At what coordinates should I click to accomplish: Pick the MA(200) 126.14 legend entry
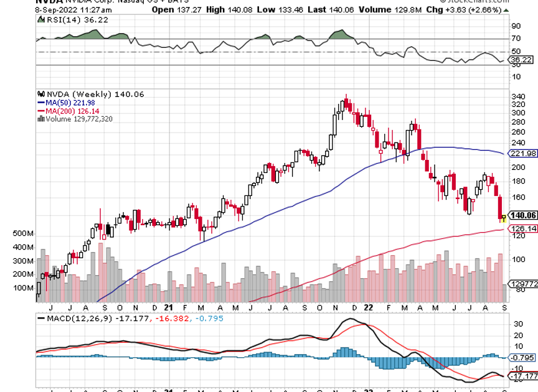pyautogui.click(x=68, y=111)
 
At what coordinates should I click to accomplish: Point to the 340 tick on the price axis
pyautogui.click(x=517, y=96)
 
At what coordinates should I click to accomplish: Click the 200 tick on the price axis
pyautogui.click(x=517, y=167)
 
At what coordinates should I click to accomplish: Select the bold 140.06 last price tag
pyautogui.click(x=522, y=215)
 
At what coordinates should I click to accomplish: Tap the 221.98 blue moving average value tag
pyautogui.click(x=522, y=153)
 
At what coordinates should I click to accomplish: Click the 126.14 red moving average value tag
pyautogui.click(x=522, y=229)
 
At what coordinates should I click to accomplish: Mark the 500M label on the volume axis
pyautogui.click(x=24, y=233)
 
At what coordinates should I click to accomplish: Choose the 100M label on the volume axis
pyautogui.click(x=24, y=288)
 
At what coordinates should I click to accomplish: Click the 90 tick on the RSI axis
pyautogui.click(x=516, y=26)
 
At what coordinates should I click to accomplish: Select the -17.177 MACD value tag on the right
pyautogui.click(x=523, y=376)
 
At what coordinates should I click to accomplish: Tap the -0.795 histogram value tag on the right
pyautogui.click(x=521, y=357)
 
